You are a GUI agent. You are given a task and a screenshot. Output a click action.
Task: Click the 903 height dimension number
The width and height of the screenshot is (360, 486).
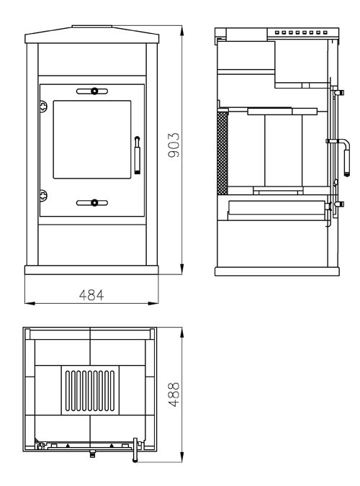click(174, 145)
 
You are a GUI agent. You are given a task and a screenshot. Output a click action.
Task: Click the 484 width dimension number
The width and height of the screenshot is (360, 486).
click(91, 295)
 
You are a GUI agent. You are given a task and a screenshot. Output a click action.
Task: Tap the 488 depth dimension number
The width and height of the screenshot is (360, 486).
click(174, 395)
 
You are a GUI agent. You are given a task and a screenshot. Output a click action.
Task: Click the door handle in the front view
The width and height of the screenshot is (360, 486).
click(138, 155)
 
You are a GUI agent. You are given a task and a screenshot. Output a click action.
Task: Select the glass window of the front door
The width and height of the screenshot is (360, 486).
click(92, 139)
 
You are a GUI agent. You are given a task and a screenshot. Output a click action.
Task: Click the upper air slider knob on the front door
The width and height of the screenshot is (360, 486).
click(94, 91)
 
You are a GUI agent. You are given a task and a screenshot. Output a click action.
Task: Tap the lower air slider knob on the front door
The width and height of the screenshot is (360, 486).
click(94, 203)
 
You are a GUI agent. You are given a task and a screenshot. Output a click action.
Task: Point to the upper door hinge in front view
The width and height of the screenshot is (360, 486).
click(44, 106)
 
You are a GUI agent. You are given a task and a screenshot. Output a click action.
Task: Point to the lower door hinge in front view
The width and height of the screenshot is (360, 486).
click(44, 195)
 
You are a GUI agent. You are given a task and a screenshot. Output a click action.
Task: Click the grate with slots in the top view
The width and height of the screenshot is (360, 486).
click(90, 390)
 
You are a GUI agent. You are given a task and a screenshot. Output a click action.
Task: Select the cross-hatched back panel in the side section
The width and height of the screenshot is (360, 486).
click(222, 153)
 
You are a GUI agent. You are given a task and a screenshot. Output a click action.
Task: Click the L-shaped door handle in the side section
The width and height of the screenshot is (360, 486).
click(345, 158)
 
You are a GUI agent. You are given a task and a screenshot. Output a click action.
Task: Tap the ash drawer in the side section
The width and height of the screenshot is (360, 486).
click(277, 210)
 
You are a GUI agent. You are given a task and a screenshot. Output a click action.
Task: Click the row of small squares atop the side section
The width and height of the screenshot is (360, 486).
click(301, 32)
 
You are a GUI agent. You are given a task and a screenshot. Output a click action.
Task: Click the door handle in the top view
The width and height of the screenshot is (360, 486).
click(135, 450)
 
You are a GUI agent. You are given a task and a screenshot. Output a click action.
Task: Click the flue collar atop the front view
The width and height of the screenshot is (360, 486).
click(91, 27)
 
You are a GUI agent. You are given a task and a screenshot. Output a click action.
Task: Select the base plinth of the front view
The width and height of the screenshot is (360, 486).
click(91, 270)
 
